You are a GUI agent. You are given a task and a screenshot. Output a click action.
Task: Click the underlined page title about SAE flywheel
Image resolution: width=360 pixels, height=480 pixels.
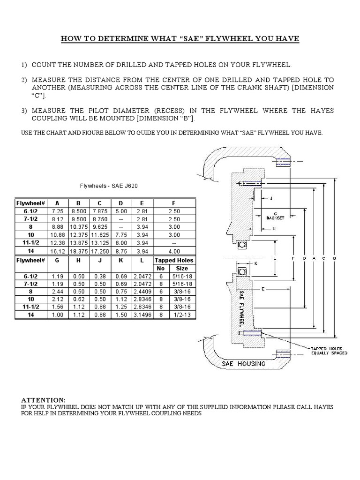coord(180,38)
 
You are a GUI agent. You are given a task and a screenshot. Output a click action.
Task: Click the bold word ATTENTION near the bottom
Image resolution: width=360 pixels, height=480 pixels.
coord(44,400)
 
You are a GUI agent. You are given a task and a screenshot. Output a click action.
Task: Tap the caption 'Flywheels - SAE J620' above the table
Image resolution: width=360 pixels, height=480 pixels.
coord(109,186)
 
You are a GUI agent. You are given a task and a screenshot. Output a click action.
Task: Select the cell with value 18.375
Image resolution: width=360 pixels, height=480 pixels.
coord(78,251)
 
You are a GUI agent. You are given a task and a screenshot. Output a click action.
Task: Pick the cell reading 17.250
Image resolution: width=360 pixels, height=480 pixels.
coord(99,251)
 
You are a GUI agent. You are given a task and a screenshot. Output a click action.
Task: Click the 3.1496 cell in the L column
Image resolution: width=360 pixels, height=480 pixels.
coord(142,315)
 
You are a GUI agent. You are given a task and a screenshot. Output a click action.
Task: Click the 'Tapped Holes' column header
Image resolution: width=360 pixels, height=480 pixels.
coord(174,260)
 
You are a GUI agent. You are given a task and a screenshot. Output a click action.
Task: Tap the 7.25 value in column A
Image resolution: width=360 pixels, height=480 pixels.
coord(57,211)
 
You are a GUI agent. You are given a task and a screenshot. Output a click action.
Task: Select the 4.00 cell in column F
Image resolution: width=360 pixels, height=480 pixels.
coord(174,251)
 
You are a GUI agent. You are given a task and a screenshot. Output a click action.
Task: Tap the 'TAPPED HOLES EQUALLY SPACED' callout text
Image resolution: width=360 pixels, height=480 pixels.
coord(329,351)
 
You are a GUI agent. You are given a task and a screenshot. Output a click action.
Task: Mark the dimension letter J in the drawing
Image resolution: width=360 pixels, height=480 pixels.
coord(271,198)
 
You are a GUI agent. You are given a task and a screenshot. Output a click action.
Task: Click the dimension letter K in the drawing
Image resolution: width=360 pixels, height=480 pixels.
coord(256,263)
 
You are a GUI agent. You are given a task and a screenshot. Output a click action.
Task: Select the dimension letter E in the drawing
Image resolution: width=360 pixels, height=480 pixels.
coord(263,290)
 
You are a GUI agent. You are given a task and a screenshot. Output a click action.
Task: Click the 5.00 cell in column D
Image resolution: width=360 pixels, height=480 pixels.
coord(120,211)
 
